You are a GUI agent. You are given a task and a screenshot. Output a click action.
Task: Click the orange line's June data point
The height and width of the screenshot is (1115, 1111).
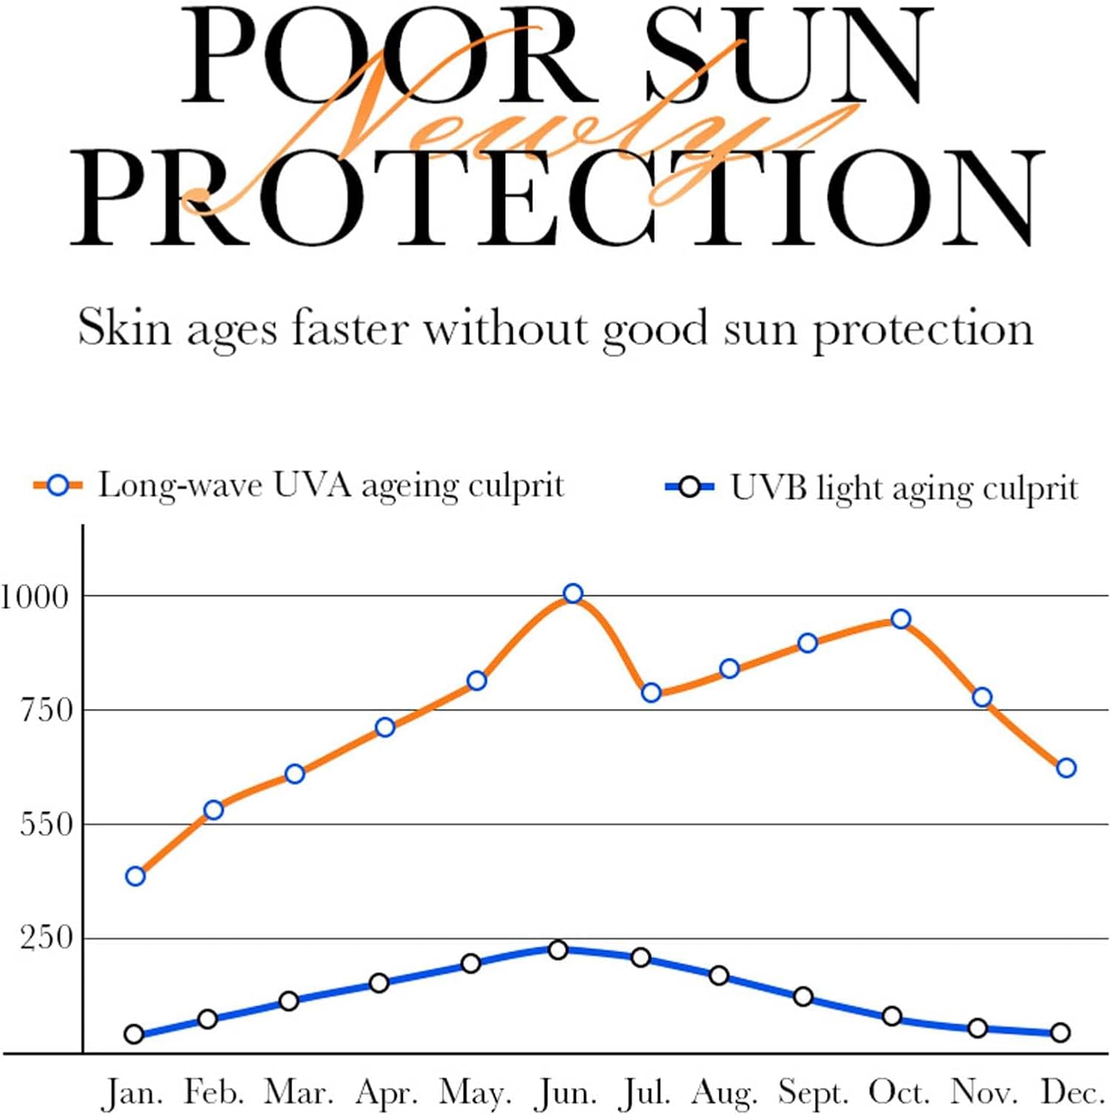click(x=572, y=593)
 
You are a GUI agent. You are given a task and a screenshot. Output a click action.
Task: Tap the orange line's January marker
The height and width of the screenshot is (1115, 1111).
click(x=135, y=876)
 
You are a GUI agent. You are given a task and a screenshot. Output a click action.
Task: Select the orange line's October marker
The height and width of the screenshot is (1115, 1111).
click(x=901, y=618)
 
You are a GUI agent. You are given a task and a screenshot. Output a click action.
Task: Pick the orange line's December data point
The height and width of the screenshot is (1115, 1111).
click(x=1066, y=768)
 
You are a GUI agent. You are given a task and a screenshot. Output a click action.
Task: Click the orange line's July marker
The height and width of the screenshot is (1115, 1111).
click(x=651, y=693)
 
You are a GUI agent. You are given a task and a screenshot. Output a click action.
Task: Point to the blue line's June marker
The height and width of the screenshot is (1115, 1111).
click(x=558, y=949)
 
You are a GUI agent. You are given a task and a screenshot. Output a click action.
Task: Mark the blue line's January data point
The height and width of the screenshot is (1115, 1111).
click(x=134, y=1034)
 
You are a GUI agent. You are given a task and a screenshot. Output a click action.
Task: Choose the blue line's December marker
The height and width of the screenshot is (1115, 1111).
click(x=1060, y=1032)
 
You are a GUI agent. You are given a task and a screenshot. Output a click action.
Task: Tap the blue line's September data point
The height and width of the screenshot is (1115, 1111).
click(x=803, y=997)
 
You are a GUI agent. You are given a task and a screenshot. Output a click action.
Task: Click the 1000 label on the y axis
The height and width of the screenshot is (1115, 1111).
click(x=34, y=596)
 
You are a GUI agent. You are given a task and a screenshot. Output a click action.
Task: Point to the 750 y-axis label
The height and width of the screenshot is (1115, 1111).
click(x=46, y=711)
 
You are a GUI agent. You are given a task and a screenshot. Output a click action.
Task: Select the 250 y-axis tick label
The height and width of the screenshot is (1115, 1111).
click(x=46, y=938)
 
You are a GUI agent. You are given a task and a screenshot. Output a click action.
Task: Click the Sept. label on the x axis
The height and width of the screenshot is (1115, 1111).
click(x=813, y=1093)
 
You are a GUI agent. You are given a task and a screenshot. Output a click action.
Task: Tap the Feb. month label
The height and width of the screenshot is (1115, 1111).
click(x=214, y=1093)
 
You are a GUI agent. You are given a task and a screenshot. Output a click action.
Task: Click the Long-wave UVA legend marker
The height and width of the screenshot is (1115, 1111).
click(x=57, y=486)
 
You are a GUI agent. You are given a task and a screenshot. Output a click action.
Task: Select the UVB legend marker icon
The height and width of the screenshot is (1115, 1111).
click(x=689, y=488)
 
